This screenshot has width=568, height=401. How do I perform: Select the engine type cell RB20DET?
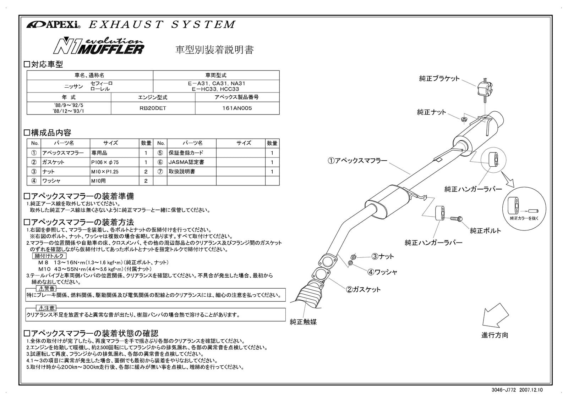point(153,108)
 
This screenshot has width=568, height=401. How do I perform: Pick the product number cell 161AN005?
point(237,108)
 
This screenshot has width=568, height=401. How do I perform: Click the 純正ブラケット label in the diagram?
point(439,79)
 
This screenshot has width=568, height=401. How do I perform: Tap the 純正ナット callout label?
point(431,112)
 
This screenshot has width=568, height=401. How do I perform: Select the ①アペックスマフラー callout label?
point(357,161)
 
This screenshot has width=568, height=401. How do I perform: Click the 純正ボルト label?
point(485,231)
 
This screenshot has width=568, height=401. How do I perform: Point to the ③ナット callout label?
point(383,256)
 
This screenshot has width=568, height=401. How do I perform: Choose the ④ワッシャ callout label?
point(382,272)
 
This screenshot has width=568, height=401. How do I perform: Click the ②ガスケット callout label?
point(363,289)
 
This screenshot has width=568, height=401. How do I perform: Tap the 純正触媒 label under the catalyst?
point(303,322)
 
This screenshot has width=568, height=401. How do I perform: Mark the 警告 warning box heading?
point(46,289)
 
